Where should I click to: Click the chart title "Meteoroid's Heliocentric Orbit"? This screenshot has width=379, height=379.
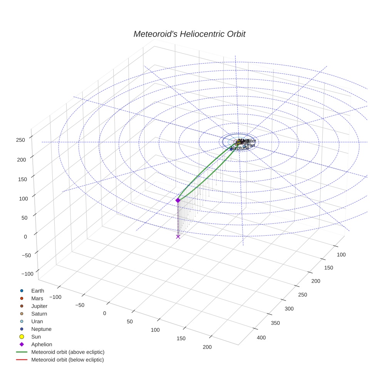[x=189, y=34]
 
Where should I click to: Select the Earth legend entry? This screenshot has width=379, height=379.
[x=38, y=291]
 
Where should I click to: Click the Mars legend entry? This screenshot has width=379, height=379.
[x=37, y=299]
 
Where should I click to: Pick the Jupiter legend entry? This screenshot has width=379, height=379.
[x=39, y=306]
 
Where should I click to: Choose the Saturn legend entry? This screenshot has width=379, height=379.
[x=39, y=314]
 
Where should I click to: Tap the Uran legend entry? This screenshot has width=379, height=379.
[x=37, y=322]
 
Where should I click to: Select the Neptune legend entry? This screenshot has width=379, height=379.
[x=41, y=329]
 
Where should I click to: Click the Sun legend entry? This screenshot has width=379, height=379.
[x=36, y=337]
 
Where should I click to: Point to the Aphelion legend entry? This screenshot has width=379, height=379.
[x=42, y=345]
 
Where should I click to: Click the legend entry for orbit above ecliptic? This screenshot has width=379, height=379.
[x=68, y=352]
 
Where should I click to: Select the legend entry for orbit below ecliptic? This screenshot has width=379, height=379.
[x=67, y=360]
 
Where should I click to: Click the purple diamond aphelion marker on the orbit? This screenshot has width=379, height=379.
[x=178, y=200]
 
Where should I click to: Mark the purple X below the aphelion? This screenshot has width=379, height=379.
[x=178, y=236]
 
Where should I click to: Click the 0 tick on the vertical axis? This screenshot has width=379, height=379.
[x=25, y=236]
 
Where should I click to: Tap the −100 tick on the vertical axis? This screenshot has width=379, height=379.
[x=27, y=274]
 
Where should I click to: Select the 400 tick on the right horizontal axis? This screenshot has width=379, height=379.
[x=262, y=338]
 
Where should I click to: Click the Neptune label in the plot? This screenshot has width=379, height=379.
[x=240, y=148]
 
